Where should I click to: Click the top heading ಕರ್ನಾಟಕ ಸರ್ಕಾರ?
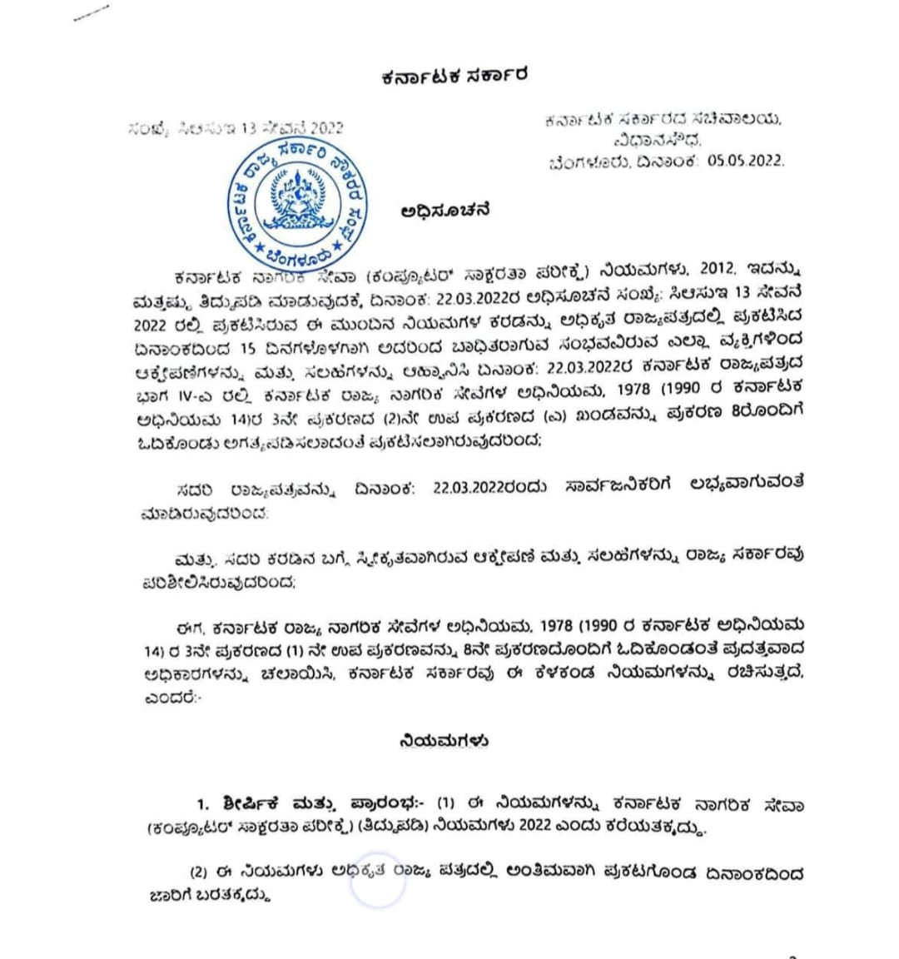pyautogui.click(x=454, y=77)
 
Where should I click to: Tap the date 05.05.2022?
pyautogui.click(x=746, y=161)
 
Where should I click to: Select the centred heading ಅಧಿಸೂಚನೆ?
pyautogui.click(x=445, y=211)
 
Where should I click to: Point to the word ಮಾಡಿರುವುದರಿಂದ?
pyautogui.click(x=205, y=514)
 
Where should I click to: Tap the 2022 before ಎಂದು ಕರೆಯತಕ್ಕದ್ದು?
pyautogui.click(x=543, y=829)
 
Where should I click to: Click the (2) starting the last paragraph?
pyautogui.click(x=198, y=873)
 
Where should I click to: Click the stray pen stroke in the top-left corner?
pyautogui.click(x=91, y=13)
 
